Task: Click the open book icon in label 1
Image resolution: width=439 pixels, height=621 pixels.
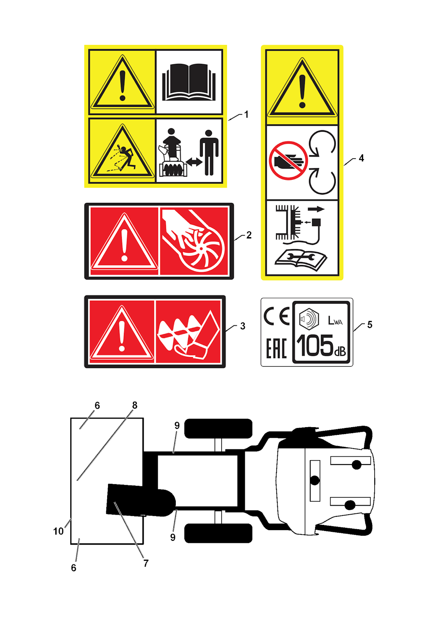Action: pyautogui.click(x=189, y=82)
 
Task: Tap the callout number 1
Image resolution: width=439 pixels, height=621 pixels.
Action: pyautogui.click(x=246, y=115)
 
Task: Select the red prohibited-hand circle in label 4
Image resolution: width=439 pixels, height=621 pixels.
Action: pyautogui.click(x=288, y=160)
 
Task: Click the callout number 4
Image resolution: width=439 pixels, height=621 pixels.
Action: pyautogui.click(x=361, y=158)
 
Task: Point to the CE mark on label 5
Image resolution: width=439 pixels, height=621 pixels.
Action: pyautogui.click(x=277, y=316)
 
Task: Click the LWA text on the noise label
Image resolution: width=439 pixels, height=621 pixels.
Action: pyautogui.click(x=335, y=320)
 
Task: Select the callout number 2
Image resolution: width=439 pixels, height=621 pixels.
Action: pyautogui.click(x=249, y=235)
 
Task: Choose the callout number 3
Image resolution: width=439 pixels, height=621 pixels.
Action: pyautogui.click(x=243, y=326)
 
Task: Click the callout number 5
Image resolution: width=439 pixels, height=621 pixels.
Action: pyautogui.click(x=370, y=325)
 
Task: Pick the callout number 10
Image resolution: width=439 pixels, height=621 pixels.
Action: pyautogui.click(x=58, y=531)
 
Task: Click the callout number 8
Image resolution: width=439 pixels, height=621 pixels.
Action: pyautogui.click(x=135, y=405)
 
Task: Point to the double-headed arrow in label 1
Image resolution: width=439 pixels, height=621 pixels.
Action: pyautogui.click(x=194, y=162)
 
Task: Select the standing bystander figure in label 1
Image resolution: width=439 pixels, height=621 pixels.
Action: pyautogui.click(x=209, y=153)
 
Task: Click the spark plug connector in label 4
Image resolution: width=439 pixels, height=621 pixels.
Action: pyautogui.click(x=316, y=222)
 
